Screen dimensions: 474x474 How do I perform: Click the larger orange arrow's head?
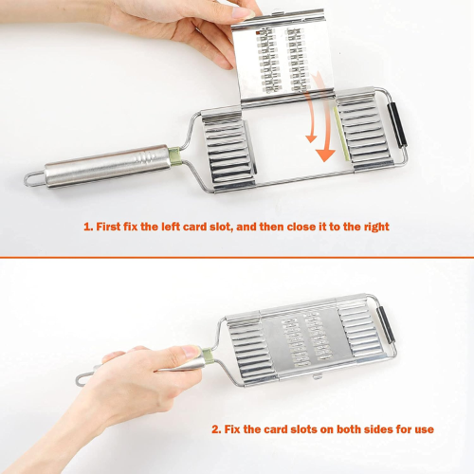coord(324,151)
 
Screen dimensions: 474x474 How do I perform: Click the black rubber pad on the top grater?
coord(400,124)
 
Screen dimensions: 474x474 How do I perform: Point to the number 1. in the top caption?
coord(88,228)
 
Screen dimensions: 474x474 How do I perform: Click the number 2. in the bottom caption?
coord(218,429)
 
